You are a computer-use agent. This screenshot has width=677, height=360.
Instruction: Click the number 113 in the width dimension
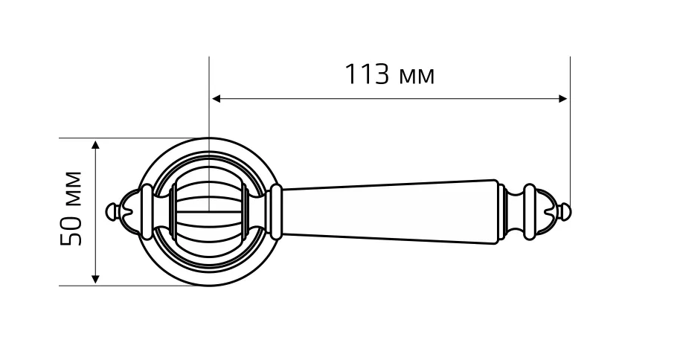point(367,74)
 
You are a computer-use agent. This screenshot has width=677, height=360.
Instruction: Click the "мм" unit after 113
point(417,77)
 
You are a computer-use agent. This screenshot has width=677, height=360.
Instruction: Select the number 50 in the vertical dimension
point(71,232)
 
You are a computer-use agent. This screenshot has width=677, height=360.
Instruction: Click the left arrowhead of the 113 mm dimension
point(216,99)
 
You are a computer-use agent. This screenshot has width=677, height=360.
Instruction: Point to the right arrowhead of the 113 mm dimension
point(562,99)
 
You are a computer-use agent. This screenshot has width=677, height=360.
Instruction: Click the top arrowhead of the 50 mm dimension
point(96,144)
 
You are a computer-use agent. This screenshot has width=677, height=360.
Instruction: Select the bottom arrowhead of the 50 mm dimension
point(96,279)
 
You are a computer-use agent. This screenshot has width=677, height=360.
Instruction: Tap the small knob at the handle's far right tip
point(567,212)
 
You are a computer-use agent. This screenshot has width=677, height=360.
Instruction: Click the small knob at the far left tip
point(112,211)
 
